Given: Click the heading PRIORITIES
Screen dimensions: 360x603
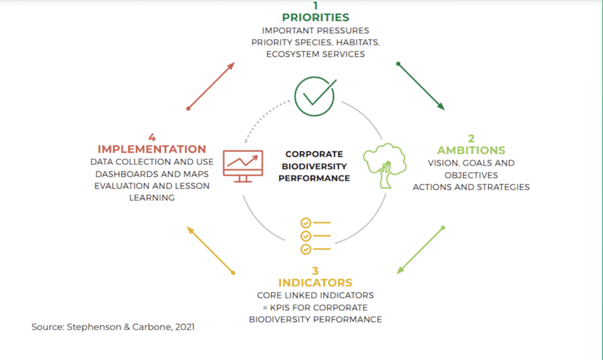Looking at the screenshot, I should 316,17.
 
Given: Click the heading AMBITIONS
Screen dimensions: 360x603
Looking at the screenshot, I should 471,150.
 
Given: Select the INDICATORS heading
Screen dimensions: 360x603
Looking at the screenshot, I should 315,282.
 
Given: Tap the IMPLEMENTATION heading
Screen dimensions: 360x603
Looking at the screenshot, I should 151,149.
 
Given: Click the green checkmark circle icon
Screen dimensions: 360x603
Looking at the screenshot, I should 314,96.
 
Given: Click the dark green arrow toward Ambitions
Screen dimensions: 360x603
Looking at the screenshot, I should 421,86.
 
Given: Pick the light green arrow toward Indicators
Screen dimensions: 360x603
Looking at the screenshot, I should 421,250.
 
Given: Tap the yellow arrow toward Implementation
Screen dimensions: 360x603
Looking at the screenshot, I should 210,250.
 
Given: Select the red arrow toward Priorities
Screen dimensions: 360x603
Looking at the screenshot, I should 211,86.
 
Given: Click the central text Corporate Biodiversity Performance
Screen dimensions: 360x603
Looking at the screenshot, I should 314,166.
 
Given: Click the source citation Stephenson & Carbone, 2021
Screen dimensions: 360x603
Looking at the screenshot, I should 113,327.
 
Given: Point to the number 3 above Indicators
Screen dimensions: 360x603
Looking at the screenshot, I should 315,271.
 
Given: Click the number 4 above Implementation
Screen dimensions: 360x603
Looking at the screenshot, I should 151,137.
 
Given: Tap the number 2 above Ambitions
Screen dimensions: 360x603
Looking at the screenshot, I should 471,139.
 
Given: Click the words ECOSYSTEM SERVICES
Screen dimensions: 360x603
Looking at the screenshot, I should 316,54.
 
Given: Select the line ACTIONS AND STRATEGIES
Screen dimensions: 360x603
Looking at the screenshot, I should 471,187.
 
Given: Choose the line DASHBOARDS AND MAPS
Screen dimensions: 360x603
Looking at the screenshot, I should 151,174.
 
